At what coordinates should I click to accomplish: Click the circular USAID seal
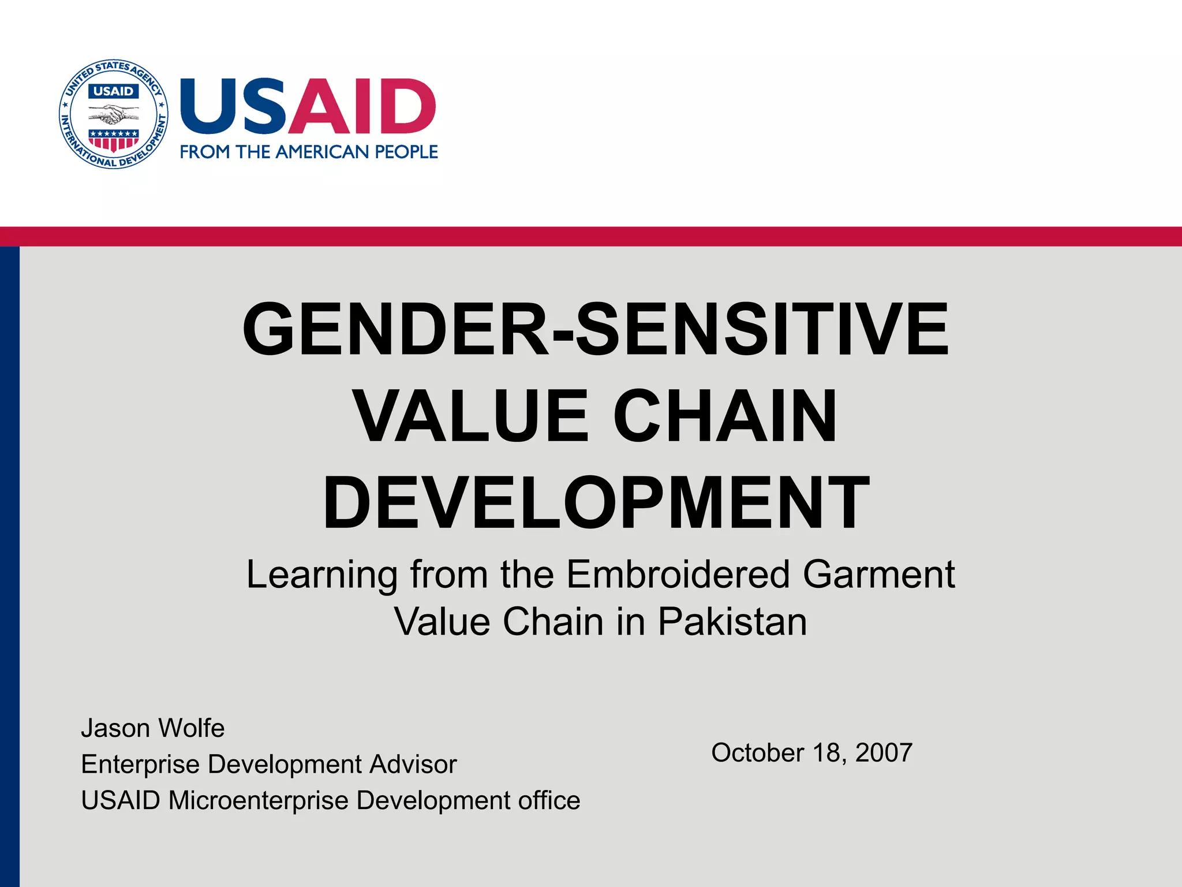[114, 114]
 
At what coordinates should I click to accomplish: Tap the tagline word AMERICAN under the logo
[325, 152]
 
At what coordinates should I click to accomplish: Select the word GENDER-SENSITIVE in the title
[595, 329]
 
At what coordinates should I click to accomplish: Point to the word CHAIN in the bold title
[724, 416]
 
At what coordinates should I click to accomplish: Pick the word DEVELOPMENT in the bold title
[596, 502]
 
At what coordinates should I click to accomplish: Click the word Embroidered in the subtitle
[678, 575]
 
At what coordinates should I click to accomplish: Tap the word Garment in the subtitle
[878, 575]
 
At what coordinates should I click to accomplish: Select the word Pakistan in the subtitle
[732, 622]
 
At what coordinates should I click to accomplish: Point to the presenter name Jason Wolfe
[152, 728]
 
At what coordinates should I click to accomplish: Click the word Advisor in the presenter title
[413, 764]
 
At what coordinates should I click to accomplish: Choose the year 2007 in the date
[884, 752]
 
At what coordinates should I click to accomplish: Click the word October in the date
[757, 752]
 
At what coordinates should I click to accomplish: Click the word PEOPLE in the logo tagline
[406, 152]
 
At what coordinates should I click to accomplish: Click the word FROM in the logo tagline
[205, 152]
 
